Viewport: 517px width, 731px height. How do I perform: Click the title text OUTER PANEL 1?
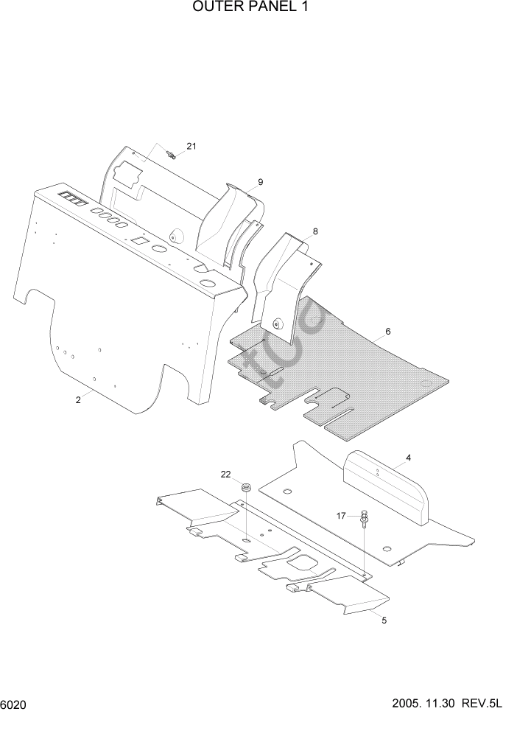point(250,8)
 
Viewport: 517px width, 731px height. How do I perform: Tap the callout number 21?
point(191,146)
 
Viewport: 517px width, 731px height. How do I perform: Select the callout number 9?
point(260,182)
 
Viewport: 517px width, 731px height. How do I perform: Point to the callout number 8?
point(315,231)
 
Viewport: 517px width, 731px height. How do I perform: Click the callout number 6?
point(387,332)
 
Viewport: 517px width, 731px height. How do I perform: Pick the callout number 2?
point(77,400)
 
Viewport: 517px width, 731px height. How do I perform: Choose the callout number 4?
point(408,458)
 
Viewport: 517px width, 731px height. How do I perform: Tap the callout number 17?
point(341,516)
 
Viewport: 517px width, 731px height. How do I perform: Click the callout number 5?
point(384,620)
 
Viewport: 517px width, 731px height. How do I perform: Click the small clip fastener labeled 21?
point(172,154)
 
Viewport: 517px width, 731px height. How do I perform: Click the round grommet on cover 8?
point(278,322)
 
